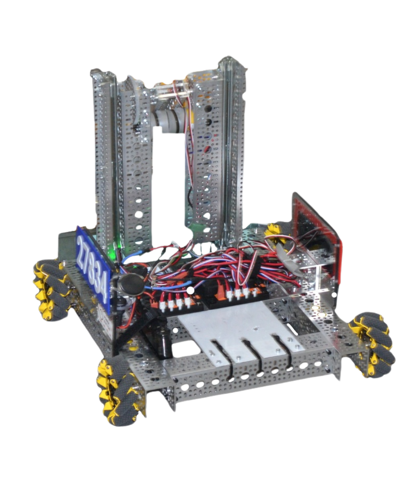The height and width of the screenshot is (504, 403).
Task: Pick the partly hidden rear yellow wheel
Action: coord(274,233)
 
